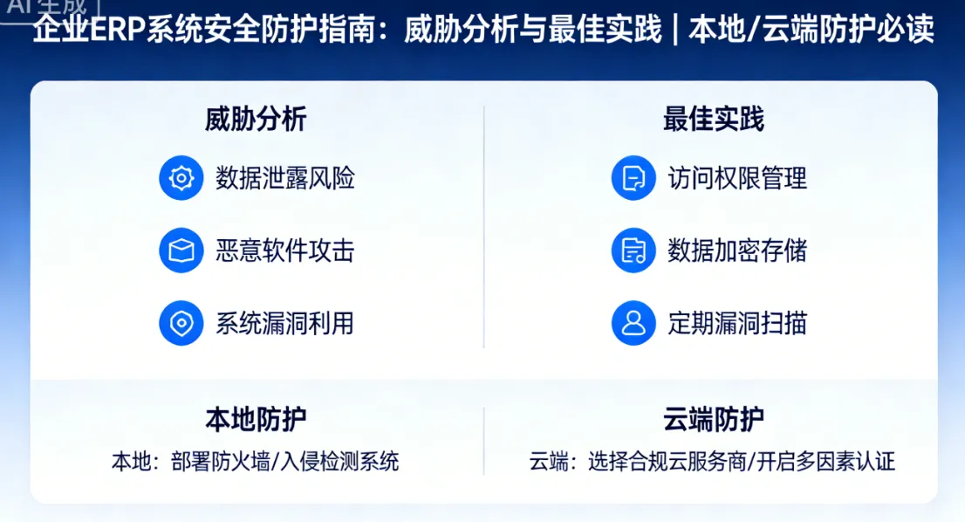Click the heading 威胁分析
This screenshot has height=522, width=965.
256,120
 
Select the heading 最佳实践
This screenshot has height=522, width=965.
713,120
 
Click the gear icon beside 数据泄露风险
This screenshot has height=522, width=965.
181,179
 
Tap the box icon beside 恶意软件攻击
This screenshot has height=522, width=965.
181,251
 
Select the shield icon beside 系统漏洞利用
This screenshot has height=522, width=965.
181,324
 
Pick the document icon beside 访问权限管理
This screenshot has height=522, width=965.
633,179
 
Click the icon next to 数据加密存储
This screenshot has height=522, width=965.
633,251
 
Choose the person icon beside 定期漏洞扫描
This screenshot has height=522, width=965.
633,324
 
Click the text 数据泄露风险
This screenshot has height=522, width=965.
285,179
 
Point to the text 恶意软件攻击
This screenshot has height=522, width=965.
285,251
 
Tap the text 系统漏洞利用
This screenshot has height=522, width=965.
285,324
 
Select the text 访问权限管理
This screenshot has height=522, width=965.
737,179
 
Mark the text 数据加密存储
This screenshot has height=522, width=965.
737,251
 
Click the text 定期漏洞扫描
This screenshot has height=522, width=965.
737,324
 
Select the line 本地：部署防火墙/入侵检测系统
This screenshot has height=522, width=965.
255,461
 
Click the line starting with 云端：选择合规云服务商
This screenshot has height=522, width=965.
712,461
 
